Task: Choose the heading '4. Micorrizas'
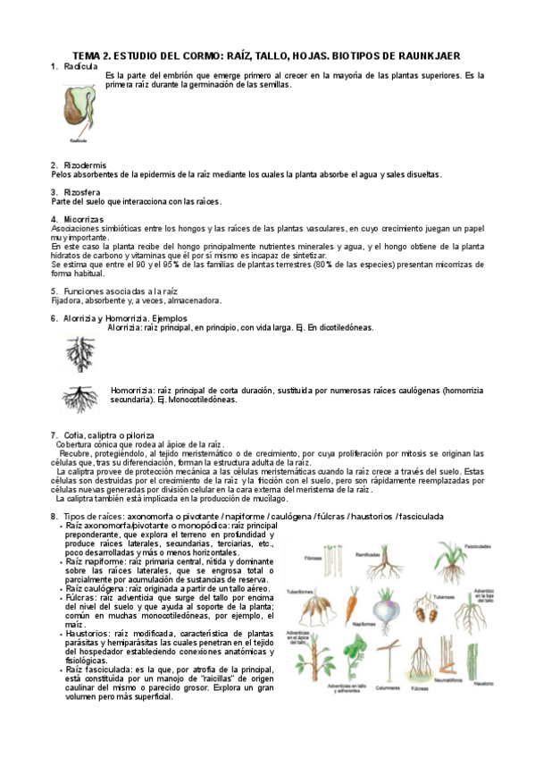(x=78, y=219)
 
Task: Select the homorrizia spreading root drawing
(x=80, y=396)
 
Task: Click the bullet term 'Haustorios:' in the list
(x=88, y=633)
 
